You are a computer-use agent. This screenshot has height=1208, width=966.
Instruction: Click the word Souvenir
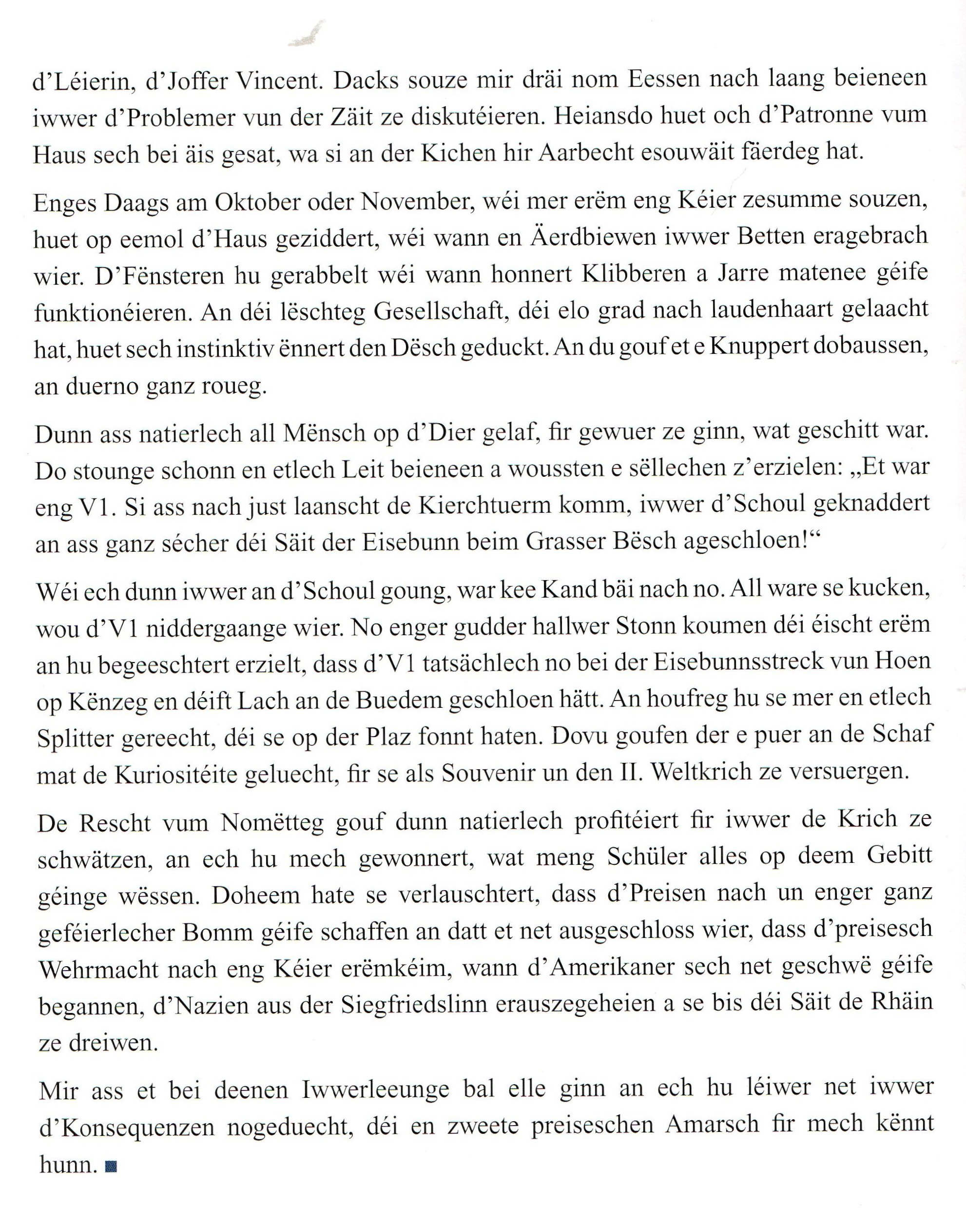492,773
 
